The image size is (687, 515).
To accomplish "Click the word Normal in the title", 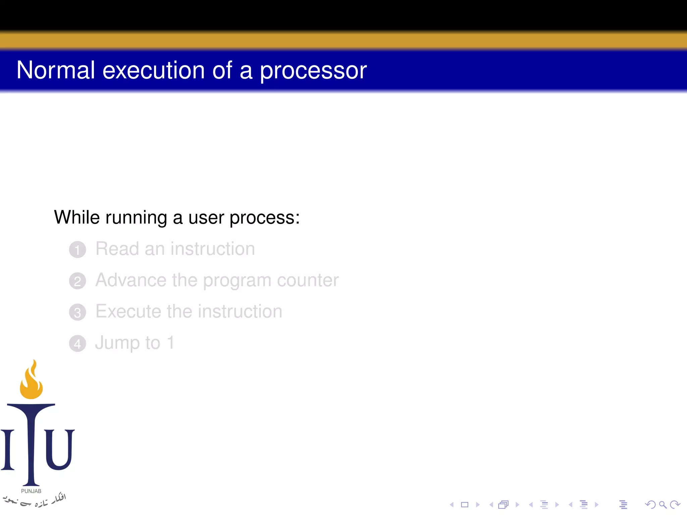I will click(56, 70).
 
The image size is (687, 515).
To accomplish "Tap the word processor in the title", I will click(313, 71).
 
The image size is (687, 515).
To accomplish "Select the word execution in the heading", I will click(153, 70).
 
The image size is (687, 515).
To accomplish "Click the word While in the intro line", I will click(77, 217).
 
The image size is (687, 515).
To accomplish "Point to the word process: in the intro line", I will click(264, 218).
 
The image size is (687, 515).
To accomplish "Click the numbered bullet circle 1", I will click(77, 250).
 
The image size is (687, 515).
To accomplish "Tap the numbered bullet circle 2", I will click(77, 281).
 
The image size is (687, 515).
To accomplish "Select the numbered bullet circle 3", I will click(77, 312).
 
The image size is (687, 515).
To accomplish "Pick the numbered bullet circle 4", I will click(77, 344).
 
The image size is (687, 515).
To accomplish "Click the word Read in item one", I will click(117, 249).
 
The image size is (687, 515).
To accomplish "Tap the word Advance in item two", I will click(131, 280).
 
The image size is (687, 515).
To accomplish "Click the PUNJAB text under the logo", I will click(31, 491).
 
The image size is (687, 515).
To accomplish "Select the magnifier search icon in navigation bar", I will click(663, 505).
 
